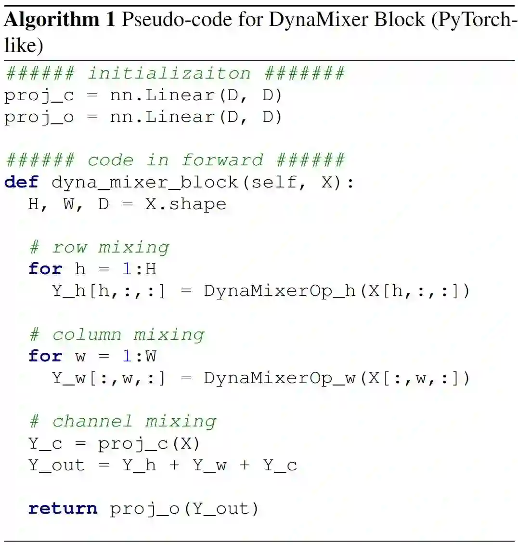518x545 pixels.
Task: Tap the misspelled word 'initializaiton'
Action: pos(169,73)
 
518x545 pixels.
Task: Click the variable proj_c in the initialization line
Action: pos(39,95)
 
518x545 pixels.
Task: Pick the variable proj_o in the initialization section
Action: pos(39,117)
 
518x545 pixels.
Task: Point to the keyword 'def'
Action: pos(21,182)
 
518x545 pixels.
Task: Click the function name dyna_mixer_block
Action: pos(144,182)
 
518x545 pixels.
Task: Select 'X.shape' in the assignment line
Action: pos(186,204)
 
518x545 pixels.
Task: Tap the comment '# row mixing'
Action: pos(99,247)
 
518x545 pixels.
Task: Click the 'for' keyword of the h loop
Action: pos(45,269)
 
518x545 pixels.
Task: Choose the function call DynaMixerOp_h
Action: pos(279,291)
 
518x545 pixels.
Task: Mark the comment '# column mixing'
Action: pos(117,334)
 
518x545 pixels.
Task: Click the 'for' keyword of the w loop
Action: pos(45,356)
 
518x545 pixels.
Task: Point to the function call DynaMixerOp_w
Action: pos(279,378)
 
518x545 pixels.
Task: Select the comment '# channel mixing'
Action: pos(123,421)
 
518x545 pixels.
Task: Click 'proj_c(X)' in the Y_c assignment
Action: pos(149,443)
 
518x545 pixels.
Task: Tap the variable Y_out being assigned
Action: pos(56,465)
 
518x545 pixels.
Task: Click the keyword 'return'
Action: pos(63,508)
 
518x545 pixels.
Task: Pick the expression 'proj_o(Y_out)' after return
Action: pos(184,508)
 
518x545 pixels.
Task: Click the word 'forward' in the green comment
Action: pos(222,160)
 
